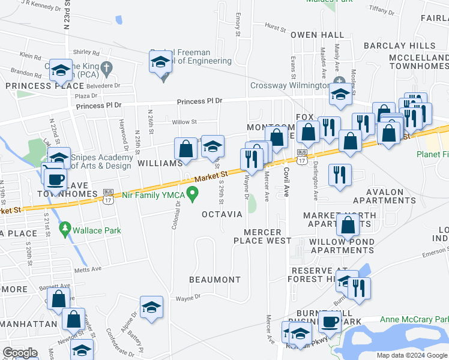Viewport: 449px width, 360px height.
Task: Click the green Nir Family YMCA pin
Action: pyautogui.click(x=192, y=194)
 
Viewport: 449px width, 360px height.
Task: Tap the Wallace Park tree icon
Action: pyautogui.click(x=65, y=229)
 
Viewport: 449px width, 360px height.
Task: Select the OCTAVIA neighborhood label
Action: pyautogui.click(x=221, y=214)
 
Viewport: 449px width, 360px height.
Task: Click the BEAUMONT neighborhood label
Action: pyautogui.click(x=214, y=280)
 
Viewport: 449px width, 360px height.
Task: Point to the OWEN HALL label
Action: pyautogui.click(x=318, y=35)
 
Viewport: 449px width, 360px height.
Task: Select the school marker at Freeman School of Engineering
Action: pyautogui.click(x=161, y=63)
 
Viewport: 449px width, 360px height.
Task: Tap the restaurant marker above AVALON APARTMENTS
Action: pyautogui.click(x=340, y=175)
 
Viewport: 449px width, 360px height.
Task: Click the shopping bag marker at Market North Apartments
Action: pyautogui.click(x=348, y=225)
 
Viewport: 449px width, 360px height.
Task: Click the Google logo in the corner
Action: pyautogui.click(x=20, y=353)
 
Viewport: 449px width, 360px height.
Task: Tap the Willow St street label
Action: pyautogui.click(x=184, y=122)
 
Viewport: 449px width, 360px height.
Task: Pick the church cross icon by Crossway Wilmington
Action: pyautogui.click(x=339, y=81)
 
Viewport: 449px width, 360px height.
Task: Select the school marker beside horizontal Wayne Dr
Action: pyautogui.click(x=152, y=307)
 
